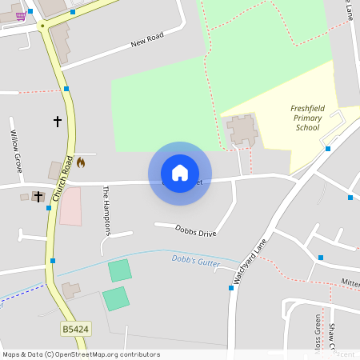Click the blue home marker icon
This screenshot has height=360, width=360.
pyautogui.click(x=180, y=173)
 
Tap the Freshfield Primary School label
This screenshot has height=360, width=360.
pyautogui.click(x=307, y=118)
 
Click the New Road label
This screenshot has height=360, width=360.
pyautogui.click(x=146, y=40)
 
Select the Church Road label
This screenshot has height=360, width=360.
pyautogui.click(x=63, y=177)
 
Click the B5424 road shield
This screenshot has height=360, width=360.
pyautogui.click(x=74, y=329)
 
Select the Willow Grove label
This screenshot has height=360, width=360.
pyautogui.click(x=16, y=151)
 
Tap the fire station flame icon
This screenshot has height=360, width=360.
pyautogui.click(x=80, y=162)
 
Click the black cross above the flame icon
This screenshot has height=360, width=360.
pyautogui.click(x=58, y=122)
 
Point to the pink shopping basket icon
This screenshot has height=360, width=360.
pyautogui.click(x=21, y=16)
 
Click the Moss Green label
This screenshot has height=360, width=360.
pyautogui.click(x=318, y=333)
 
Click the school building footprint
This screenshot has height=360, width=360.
pyautogui.click(x=242, y=130)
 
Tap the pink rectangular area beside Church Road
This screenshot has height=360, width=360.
pyautogui.click(x=70, y=206)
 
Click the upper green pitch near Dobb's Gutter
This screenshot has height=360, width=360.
pyautogui.click(x=120, y=270)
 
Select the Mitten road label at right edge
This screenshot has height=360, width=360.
pyautogui.click(x=350, y=282)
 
